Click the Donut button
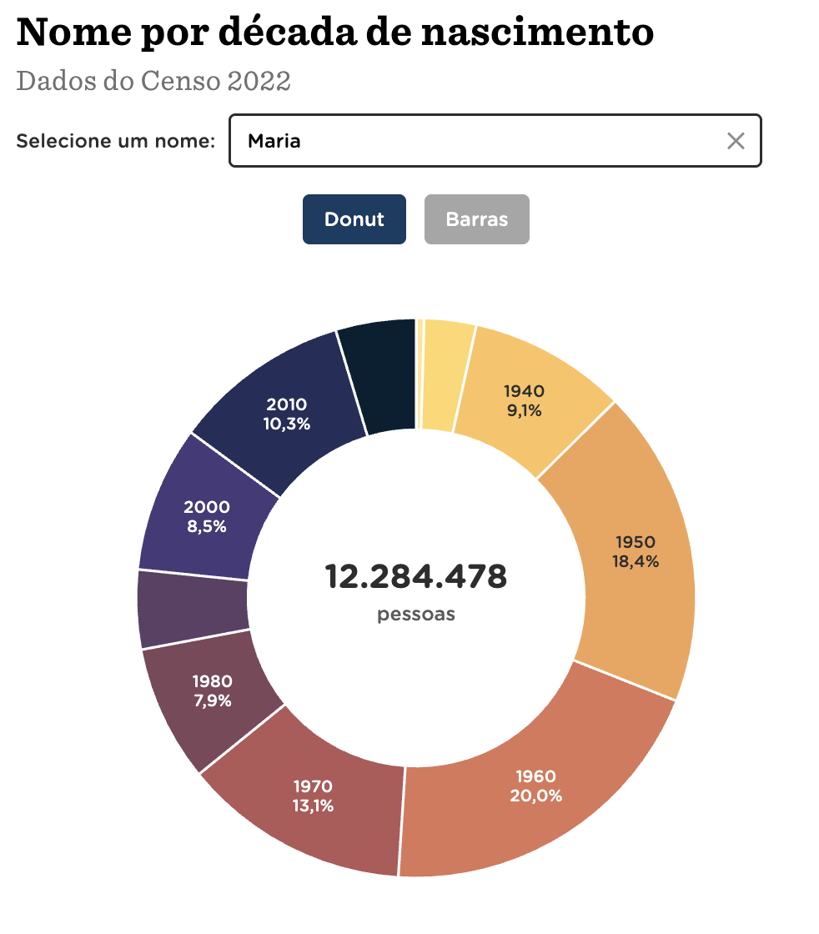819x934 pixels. tap(354, 219)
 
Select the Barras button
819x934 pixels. tap(476, 219)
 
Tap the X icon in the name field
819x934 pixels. tap(735, 141)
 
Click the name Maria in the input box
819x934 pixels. tap(274, 141)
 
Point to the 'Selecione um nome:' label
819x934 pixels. tap(116, 141)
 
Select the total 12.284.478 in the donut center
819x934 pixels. tap(415, 576)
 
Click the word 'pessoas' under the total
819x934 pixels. tap(416, 615)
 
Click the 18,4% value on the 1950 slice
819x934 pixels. tap(636, 561)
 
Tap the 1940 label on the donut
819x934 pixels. tap(524, 390)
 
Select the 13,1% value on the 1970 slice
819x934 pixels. tap(313, 806)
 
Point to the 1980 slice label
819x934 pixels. tap(212, 681)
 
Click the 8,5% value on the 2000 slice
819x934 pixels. tap(205, 526)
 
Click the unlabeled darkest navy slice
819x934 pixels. tap(379, 375)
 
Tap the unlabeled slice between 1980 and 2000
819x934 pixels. tap(193, 607)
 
